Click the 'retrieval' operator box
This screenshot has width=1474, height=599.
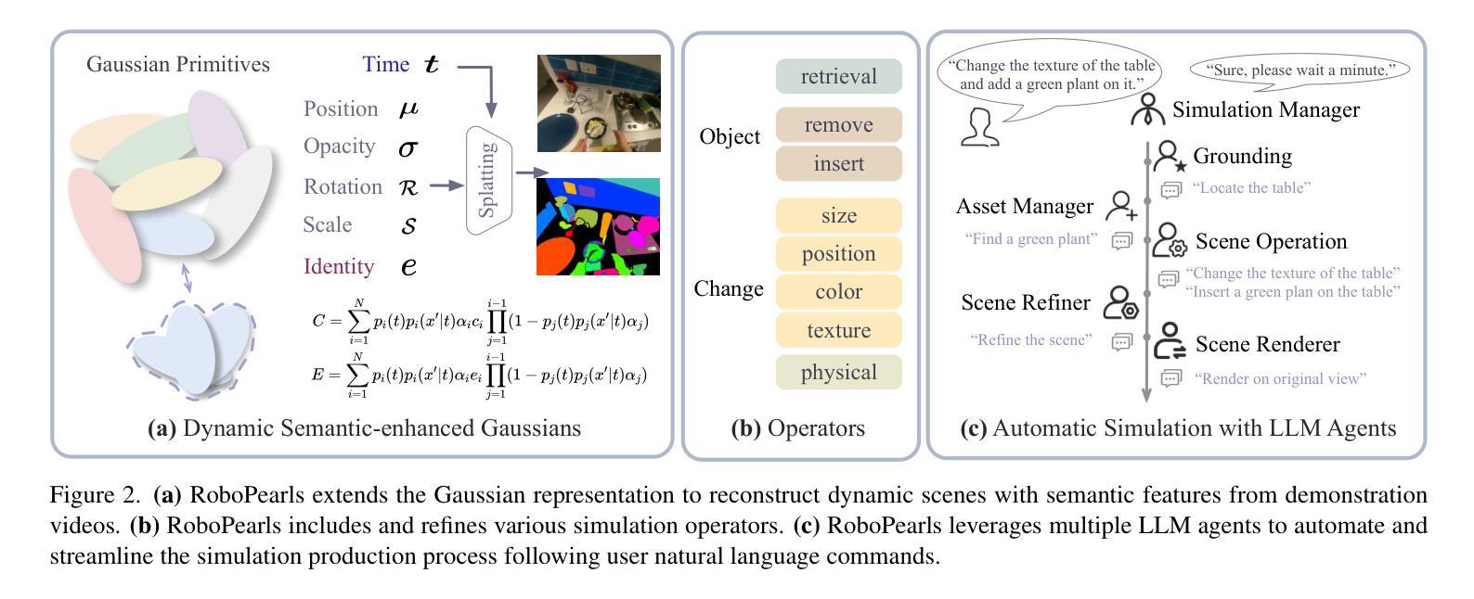tap(838, 76)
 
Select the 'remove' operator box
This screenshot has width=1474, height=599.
tap(838, 124)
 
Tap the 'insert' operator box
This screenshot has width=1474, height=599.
tap(838, 163)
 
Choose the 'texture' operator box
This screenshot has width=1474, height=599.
tap(838, 330)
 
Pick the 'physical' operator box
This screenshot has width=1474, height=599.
tap(838, 372)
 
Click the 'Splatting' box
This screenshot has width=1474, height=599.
tap(488, 180)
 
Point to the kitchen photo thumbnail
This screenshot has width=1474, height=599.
tap(599, 103)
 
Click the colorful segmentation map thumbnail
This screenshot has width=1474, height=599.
tap(598, 226)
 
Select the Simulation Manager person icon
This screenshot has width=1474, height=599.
tap(1147, 109)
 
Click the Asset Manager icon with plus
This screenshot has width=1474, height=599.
tap(1121, 206)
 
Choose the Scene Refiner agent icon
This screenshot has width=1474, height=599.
tap(1120, 302)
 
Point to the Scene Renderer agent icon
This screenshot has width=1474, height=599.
tap(1170, 340)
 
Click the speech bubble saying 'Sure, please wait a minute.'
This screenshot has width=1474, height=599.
tap(1299, 70)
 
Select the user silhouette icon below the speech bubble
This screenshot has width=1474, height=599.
tap(980, 127)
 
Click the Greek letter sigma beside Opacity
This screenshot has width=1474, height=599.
tap(408, 148)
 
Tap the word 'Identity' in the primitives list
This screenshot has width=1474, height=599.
tap(339, 266)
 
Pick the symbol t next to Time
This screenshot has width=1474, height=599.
tap(431, 64)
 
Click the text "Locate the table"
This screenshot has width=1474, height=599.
tap(1251, 188)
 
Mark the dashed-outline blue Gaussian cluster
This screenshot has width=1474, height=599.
tap(191, 350)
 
